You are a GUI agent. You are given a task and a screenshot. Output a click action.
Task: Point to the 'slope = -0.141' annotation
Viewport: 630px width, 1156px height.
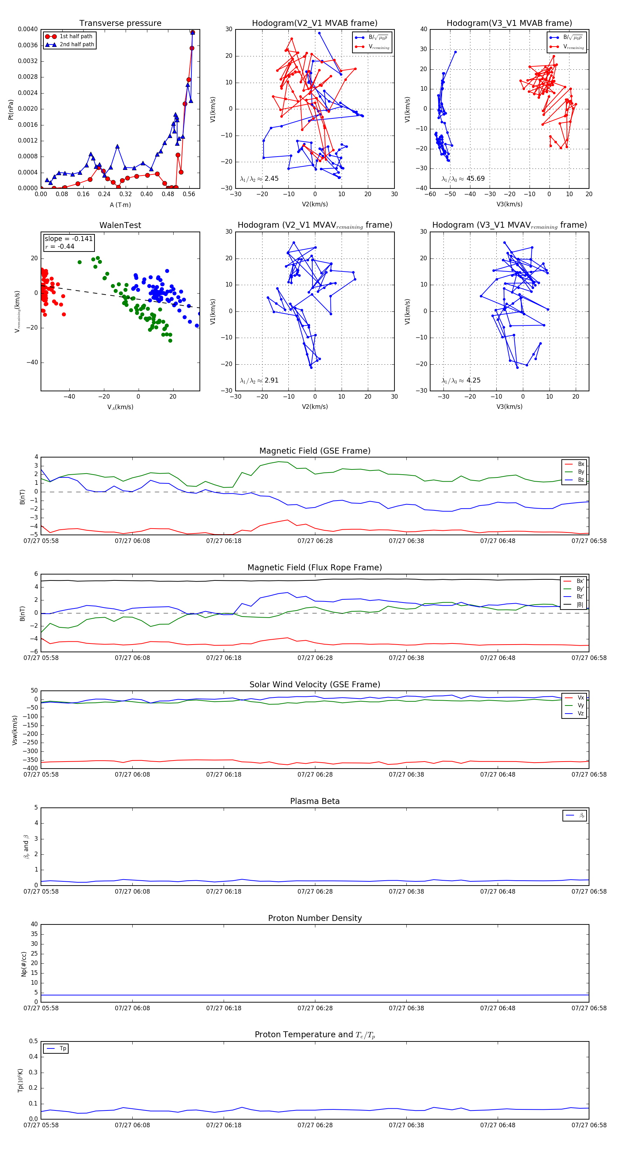click(69, 239)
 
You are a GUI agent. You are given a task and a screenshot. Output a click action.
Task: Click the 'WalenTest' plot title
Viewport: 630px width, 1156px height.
click(120, 225)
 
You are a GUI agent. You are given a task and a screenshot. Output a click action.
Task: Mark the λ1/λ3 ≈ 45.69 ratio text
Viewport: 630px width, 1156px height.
click(463, 179)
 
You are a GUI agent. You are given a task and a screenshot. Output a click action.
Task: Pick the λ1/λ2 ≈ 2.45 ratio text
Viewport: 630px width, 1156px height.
click(259, 179)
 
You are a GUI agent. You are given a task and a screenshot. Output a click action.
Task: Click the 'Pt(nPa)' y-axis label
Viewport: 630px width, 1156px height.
click(11, 110)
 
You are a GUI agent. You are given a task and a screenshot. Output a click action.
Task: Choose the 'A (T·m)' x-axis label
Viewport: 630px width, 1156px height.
click(120, 205)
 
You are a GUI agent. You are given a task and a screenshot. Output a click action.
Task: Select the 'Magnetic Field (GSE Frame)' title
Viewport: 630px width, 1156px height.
click(315, 451)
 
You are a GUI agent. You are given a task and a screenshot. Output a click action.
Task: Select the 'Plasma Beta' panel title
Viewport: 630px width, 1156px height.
click(315, 801)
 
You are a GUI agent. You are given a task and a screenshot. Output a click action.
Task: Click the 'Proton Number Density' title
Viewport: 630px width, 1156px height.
click(315, 918)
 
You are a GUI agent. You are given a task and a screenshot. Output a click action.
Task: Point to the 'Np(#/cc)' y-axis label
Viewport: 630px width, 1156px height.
click(24, 964)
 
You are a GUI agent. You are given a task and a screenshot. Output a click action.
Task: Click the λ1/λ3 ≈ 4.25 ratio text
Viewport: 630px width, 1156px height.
click(461, 380)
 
